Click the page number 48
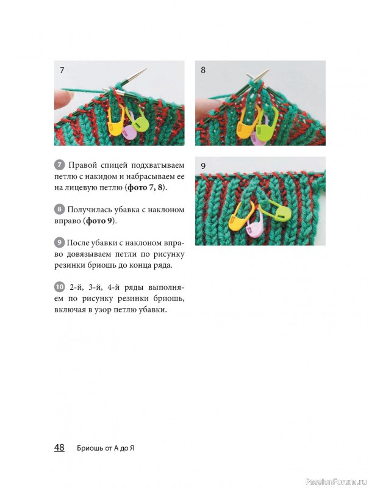(59, 448)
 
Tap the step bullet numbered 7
(59, 165)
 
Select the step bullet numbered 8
(59, 209)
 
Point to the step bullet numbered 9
(59, 242)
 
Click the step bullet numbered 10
(59, 287)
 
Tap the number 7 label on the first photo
(62, 70)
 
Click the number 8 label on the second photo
(203, 70)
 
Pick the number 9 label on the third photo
(203, 166)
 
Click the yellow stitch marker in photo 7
(116, 120)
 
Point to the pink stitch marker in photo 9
(253, 225)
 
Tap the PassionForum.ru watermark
(337, 482)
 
